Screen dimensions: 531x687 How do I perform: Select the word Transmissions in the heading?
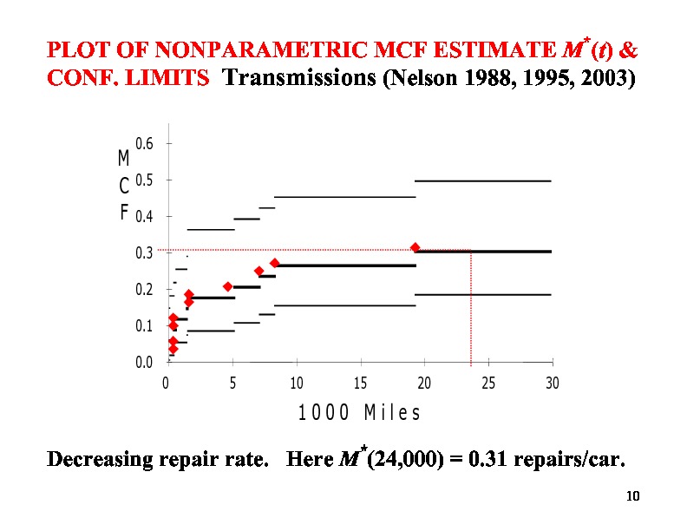(300, 79)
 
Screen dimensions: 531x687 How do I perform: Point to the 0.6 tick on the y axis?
(145, 143)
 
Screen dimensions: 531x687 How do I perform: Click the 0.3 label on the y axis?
(145, 252)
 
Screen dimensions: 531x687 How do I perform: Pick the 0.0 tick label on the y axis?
(145, 362)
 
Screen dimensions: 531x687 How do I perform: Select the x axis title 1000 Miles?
(359, 413)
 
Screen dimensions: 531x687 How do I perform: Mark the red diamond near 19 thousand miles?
(415, 247)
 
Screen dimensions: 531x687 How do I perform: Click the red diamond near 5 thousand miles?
(228, 286)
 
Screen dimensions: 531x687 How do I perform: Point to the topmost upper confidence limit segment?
(483, 180)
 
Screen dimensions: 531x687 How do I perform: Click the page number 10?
(631, 496)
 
